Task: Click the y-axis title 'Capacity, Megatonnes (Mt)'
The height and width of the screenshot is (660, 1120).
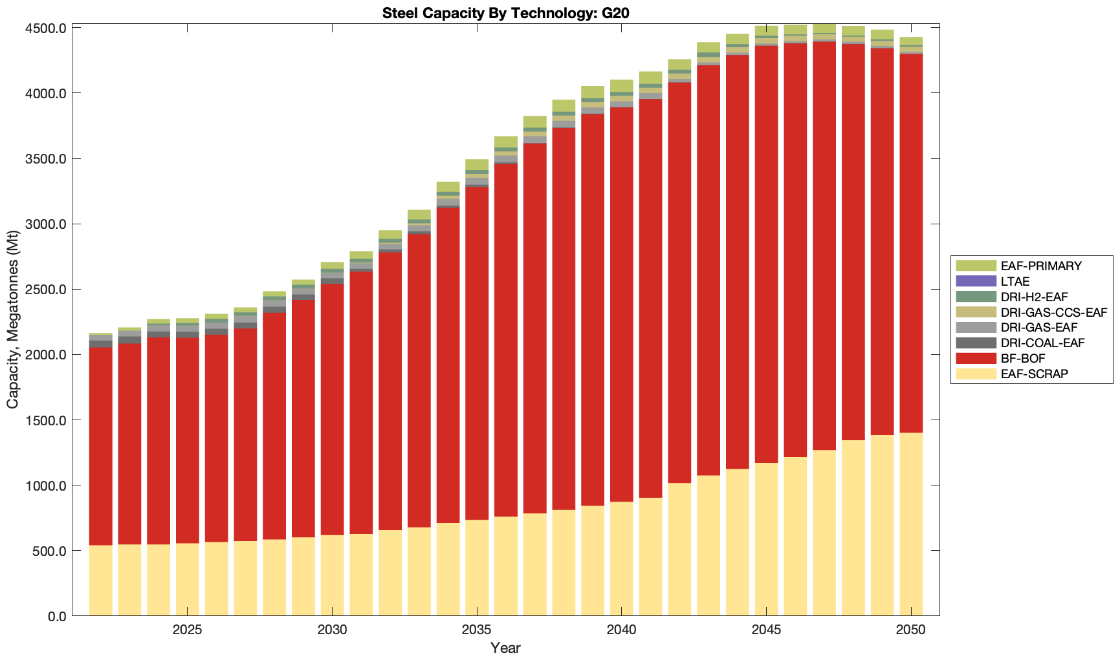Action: (13, 320)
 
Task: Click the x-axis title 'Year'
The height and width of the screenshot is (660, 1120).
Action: (505, 648)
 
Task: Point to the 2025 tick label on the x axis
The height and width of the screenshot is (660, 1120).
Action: (187, 630)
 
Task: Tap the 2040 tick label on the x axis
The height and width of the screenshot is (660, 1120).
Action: (621, 630)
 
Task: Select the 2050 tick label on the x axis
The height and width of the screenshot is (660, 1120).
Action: (911, 630)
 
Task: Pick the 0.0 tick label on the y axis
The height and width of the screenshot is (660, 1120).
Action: (57, 616)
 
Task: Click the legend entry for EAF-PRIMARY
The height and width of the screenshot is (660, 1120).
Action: (1040, 266)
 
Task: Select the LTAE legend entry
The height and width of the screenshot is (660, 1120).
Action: (1015, 281)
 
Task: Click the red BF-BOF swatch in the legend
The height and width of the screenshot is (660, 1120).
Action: (975, 358)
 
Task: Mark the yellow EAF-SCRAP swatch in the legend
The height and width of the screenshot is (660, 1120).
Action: (975, 374)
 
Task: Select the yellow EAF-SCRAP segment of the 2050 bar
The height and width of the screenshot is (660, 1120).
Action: (911, 524)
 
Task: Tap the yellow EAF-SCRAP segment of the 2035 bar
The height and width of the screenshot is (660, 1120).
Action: (477, 568)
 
